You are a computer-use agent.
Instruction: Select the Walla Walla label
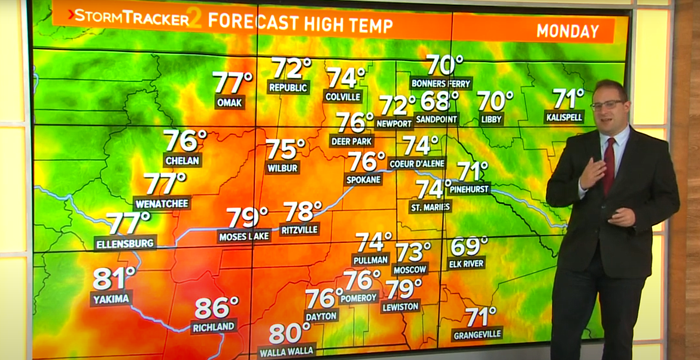click(x=286, y=352)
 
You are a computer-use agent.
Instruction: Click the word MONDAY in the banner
click(x=567, y=31)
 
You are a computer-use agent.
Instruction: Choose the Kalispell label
click(x=564, y=117)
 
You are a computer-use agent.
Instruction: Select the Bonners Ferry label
click(x=441, y=83)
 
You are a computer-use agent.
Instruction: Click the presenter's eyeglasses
click(x=606, y=105)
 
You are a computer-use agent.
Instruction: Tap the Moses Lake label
click(x=244, y=237)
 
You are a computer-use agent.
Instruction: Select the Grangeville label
click(x=477, y=334)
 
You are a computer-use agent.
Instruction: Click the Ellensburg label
click(x=126, y=243)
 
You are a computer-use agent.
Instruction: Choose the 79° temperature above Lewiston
click(x=403, y=289)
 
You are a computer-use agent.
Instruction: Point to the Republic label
click(x=288, y=88)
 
